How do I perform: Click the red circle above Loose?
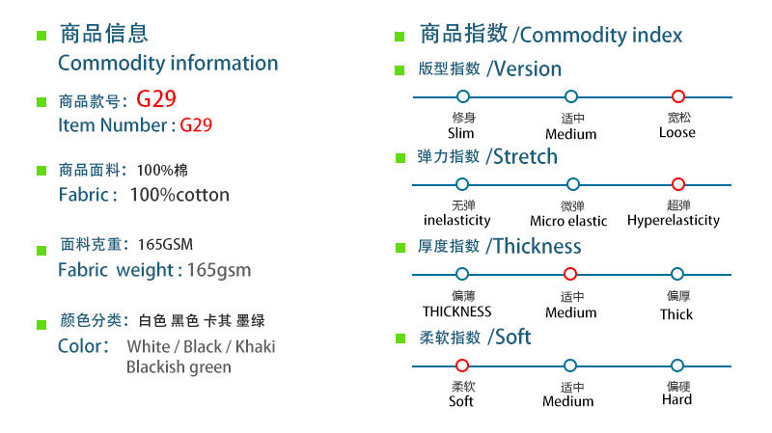coord(677,96)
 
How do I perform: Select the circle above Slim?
coord(462,96)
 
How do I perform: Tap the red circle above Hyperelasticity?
coord(677,183)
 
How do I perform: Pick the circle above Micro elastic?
coord(572,183)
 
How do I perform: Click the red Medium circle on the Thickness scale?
coord(570,274)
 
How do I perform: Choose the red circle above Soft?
coord(461,365)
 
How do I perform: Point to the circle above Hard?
coord(677,365)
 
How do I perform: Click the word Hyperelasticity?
coord(674,220)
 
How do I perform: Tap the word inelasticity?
coord(457,220)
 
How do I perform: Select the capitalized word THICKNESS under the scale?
coord(457,311)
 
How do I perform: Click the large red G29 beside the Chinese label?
coord(156,98)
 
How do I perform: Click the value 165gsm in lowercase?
coord(219,270)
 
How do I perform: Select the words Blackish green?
coord(179,367)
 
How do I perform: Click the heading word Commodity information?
coord(168,64)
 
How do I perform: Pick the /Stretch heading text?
coord(522,157)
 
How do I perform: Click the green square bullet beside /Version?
coord(400,70)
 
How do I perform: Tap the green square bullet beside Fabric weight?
coord(41,251)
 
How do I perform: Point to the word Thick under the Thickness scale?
coord(676,314)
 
